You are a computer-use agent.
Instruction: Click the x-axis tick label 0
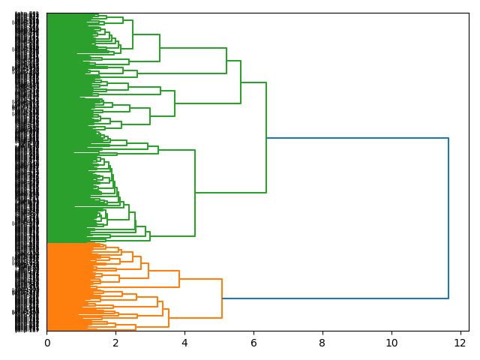(x=46, y=343)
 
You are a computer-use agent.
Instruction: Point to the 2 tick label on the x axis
(x=115, y=343)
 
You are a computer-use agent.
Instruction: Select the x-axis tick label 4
(x=184, y=343)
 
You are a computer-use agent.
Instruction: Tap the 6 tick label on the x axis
(x=253, y=343)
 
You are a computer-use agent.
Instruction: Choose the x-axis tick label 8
(x=322, y=343)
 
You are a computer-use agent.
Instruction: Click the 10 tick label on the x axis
(x=391, y=343)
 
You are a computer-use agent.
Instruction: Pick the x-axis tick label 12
(x=460, y=343)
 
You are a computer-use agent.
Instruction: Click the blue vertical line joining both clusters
(x=448, y=217)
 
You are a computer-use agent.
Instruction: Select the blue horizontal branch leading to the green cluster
(x=356, y=138)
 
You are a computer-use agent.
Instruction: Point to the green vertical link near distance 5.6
(x=241, y=82)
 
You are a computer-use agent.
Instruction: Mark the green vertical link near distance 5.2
(x=226, y=61)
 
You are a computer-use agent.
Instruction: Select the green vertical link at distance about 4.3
(x=195, y=193)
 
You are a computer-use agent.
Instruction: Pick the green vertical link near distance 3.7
(x=175, y=103)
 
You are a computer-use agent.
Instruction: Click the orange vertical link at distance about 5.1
(x=222, y=298)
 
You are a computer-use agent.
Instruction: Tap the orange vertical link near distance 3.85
(x=179, y=278)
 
